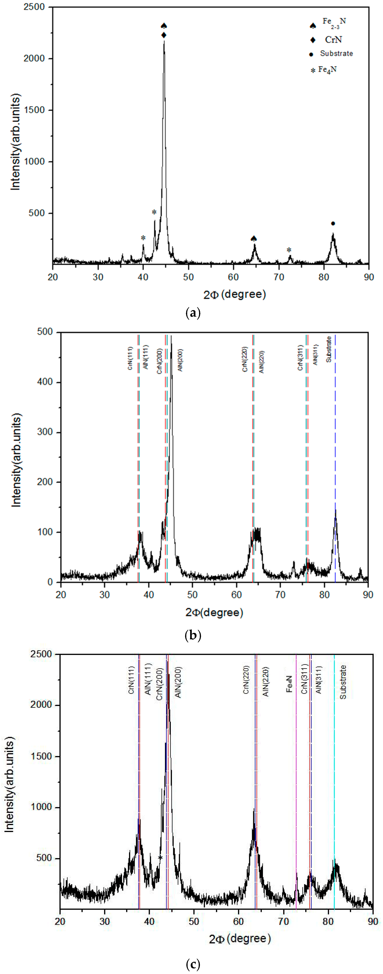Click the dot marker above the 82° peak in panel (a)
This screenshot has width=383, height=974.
[x=333, y=223]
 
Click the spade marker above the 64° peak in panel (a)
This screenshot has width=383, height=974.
[x=254, y=238]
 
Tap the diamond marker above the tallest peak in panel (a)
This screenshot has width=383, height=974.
[x=164, y=35]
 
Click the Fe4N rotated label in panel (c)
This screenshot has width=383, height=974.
[x=289, y=684]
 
